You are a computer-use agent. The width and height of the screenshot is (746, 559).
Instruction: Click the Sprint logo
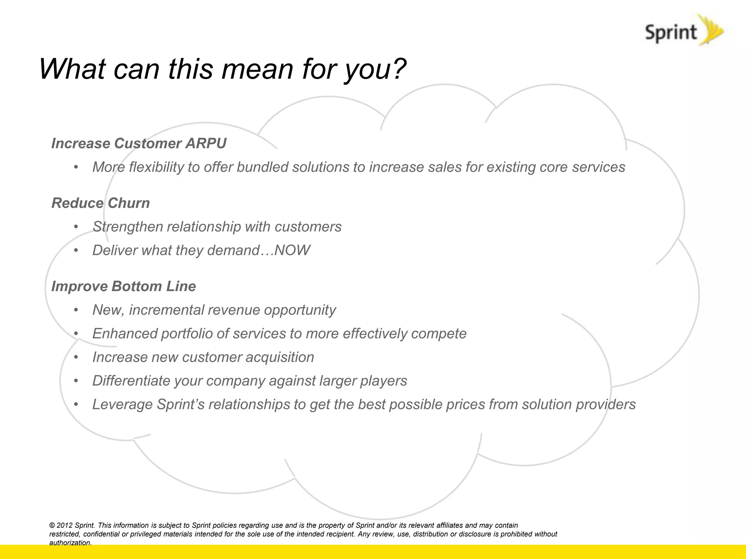[683, 31]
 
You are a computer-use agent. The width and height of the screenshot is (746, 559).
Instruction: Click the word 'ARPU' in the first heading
[206, 143]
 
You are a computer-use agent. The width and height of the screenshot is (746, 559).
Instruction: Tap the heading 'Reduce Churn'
[101, 203]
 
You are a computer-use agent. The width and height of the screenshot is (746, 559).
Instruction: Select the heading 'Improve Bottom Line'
[123, 286]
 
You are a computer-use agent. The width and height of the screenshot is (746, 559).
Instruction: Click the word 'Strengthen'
[127, 227]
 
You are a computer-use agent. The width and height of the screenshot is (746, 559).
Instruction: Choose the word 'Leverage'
[122, 404]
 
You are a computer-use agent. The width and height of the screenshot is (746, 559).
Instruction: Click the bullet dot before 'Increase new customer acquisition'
[76, 357]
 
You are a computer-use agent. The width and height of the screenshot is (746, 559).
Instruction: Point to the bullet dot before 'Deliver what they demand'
[76, 250]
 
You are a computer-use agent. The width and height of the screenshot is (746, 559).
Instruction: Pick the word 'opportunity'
[299, 310]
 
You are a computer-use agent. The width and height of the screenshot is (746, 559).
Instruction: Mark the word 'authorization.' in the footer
[70, 543]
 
